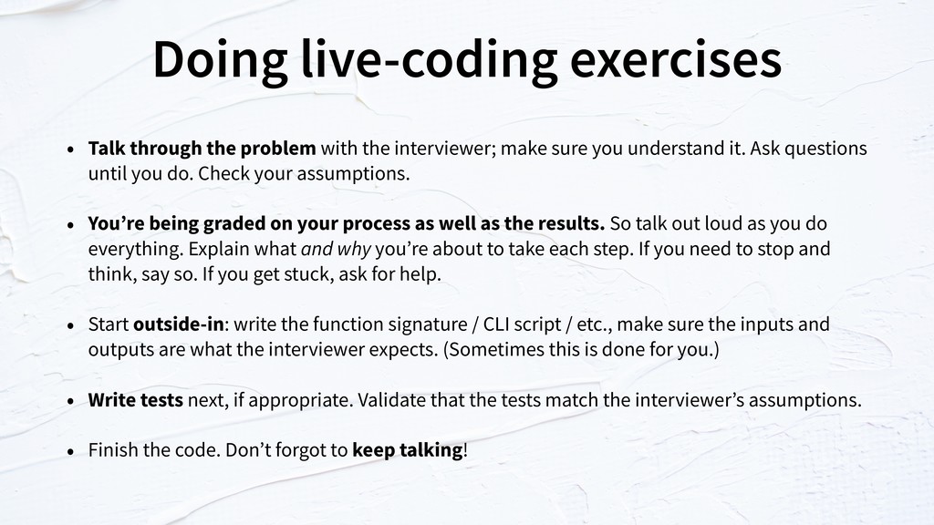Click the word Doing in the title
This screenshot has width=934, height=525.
click(x=220, y=60)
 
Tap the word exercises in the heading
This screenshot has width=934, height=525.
click(x=676, y=59)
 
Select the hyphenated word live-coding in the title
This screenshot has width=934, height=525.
click(x=429, y=60)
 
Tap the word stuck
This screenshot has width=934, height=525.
click(x=309, y=273)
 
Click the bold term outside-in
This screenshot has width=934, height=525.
click(x=179, y=324)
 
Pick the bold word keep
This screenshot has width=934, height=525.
click(x=373, y=450)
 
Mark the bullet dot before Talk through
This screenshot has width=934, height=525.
click(x=71, y=149)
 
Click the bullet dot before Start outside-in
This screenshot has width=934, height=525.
click(x=71, y=325)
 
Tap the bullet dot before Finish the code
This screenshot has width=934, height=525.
click(x=71, y=450)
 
